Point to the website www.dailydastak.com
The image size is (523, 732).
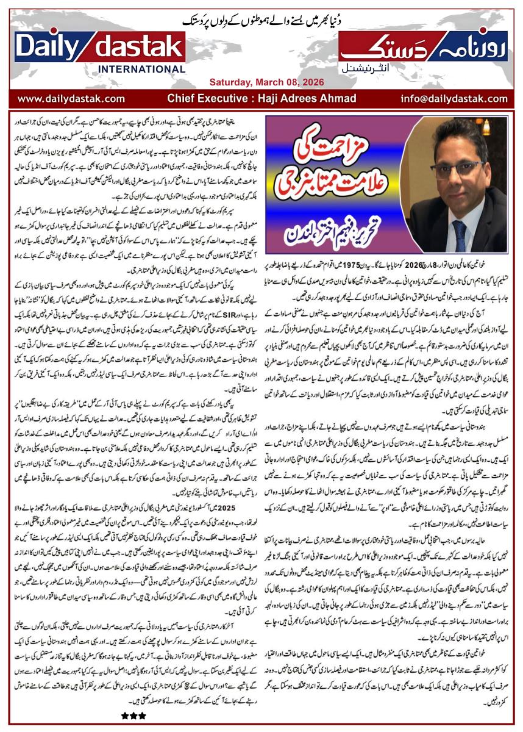click(71, 98)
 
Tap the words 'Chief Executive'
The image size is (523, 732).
click(206, 98)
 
